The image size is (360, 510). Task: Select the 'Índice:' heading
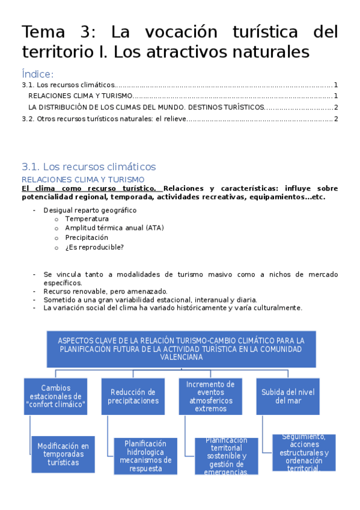[x=38, y=74]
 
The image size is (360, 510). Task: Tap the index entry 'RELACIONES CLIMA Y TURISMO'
[x=80, y=96]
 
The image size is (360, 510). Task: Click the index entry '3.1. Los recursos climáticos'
[x=67, y=85]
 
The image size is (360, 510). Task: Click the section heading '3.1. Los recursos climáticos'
[x=88, y=167]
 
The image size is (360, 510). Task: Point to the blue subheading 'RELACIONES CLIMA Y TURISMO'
[x=83, y=179]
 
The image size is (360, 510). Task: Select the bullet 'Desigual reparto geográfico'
[x=90, y=210]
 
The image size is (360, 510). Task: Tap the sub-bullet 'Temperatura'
[x=87, y=219]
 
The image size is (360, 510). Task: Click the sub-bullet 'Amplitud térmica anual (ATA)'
[x=114, y=228]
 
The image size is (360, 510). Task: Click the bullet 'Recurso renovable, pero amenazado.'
[x=105, y=291]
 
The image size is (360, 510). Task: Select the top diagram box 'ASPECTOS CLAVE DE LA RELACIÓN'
[x=181, y=348]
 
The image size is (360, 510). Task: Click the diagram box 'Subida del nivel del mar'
[x=287, y=396]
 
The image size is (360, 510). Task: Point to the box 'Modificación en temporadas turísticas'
[x=63, y=454]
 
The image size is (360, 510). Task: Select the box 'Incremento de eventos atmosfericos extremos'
[x=210, y=396]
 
